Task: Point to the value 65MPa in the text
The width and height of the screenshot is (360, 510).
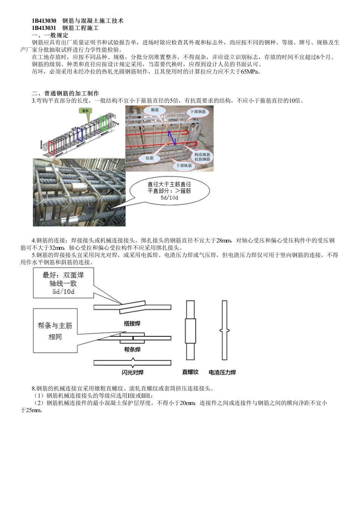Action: tap(250, 72)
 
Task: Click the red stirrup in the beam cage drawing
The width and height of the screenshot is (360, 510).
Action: tap(52, 148)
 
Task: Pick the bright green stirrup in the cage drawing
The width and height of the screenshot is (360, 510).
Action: tap(103, 123)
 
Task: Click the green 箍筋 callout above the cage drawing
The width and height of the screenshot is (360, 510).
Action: tap(85, 111)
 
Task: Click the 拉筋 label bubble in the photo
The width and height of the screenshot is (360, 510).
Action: tap(149, 158)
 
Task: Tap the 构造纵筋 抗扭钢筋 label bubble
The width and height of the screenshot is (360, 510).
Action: tap(204, 157)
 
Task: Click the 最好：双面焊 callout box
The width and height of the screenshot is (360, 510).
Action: tap(63, 283)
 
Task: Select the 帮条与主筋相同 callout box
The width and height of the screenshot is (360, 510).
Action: tap(55, 331)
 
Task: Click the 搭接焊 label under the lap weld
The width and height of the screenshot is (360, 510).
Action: tap(132, 323)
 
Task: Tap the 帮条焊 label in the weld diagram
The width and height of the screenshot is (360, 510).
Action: tap(132, 349)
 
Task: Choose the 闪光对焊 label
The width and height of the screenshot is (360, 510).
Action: tap(132, 372)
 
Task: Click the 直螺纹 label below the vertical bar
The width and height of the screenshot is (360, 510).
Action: tap(190, 372)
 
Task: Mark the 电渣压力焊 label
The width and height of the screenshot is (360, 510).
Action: tap(222, 372)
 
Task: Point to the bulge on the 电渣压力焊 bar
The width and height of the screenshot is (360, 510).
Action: tap(224, 331)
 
